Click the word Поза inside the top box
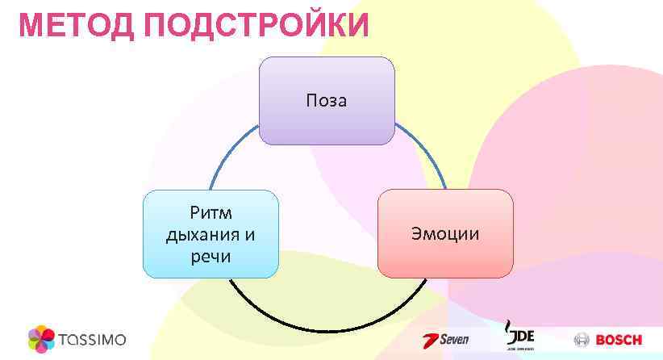326,101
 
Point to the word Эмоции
445,234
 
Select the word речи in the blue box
211,257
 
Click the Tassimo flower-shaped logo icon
41,338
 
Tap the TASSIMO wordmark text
92,339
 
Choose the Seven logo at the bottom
446,339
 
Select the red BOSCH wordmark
619,340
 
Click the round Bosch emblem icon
582,340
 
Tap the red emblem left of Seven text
430,340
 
